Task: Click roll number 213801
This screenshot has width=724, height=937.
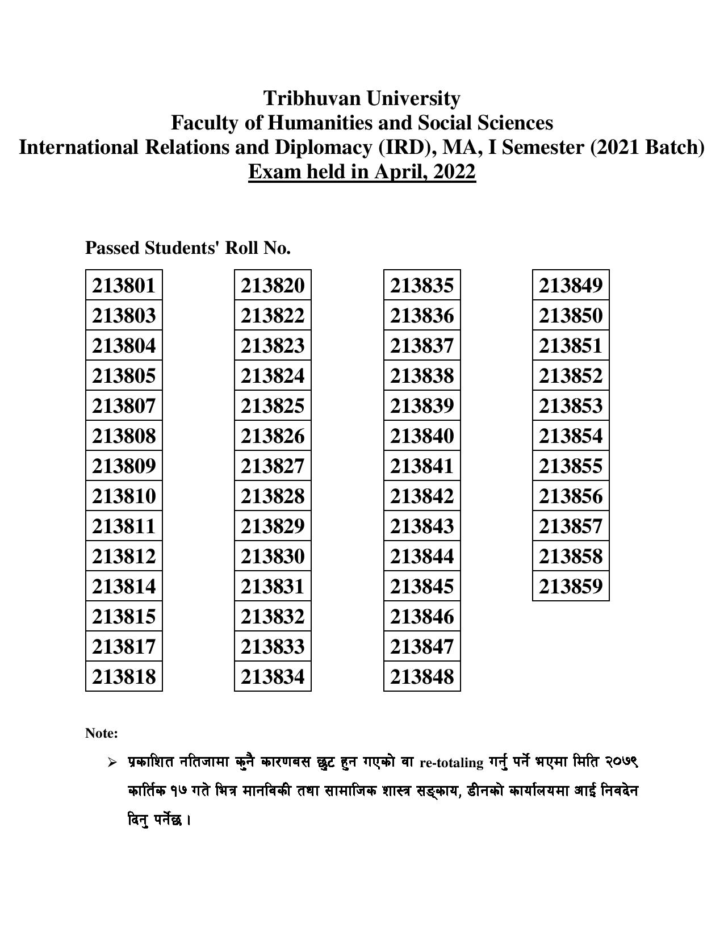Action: click(x=124, y=285)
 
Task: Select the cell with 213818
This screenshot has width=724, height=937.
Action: click(x=124, y=676)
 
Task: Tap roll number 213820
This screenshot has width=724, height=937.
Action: click(x=273, y=285)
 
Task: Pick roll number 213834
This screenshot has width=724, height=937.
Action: click(x=273, y=676)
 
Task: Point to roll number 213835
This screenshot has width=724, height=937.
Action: click(x=422, y=285)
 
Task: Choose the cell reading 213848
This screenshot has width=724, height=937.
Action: click(x=422, y=676)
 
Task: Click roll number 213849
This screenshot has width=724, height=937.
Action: click(x=571, y=285)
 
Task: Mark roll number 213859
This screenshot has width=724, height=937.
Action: click(x=571, y=586)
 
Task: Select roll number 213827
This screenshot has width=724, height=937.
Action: click(x=273, y=466)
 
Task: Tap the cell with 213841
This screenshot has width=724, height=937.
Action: click(x=422, y=466)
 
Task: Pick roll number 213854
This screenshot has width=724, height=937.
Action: click(x=571, y=436)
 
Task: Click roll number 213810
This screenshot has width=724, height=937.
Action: click(x=124, y=496)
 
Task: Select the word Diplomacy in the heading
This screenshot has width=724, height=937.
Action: click(x=324, y=147)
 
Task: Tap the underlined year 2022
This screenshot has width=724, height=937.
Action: click(x=454, y=171)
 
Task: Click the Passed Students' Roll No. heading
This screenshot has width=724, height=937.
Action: click(x=188, y=248)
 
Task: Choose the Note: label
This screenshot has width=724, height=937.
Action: click(x=102, y=733)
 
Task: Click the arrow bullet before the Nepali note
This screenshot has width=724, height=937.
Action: click(x=112, y=762)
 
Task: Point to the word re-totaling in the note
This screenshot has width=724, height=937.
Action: click(x=451, y=763)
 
